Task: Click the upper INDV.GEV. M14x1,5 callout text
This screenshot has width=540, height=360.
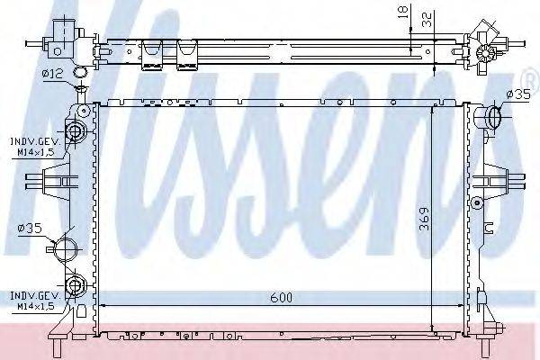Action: coord(33,147)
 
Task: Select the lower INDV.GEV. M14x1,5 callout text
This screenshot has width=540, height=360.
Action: coord(33,299)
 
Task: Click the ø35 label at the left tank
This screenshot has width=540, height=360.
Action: coord(31,229)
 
